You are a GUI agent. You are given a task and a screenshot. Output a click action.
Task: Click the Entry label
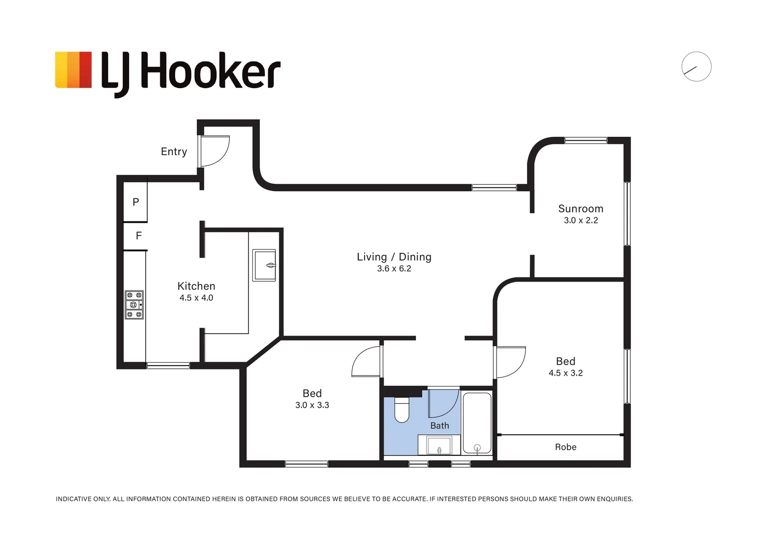(x=174, y=151)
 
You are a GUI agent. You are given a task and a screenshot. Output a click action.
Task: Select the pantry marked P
(x=135, y=202)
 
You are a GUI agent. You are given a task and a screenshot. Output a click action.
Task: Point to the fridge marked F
(x=138, y=235)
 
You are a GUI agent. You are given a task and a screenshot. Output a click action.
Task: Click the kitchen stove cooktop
(x=134, y=305)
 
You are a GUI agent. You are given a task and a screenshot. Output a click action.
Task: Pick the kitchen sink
(x=264, y=265)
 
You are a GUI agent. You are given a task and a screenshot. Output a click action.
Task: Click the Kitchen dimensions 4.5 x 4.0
(x=196, y=298)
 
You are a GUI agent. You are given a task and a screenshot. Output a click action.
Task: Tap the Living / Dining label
(x=394, y=256)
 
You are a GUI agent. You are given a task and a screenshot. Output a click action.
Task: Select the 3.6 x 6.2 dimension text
(x=394, y=268)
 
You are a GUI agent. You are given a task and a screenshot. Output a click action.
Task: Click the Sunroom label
(x=581, y=208)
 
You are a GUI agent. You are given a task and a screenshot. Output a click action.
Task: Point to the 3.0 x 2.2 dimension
(x=581, y=220)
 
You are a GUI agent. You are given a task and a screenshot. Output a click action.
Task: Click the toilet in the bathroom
(x=402, y=409)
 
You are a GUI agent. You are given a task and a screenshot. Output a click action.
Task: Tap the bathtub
(x=477, y=423)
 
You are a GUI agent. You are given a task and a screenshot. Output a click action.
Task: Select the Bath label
(x=440, y=426)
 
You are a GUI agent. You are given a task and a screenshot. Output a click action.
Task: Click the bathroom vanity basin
(x=439, y=445)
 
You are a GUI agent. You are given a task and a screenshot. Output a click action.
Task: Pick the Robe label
(x=565, y=447)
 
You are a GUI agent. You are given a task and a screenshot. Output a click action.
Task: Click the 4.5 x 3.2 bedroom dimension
(x=565, y=373)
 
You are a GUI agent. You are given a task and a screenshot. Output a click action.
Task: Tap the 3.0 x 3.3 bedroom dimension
(x=312, y=405)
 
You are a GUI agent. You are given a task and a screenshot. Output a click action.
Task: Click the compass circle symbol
(x=696, y=67)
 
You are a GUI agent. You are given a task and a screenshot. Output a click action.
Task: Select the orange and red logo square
(x=74, y=70)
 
